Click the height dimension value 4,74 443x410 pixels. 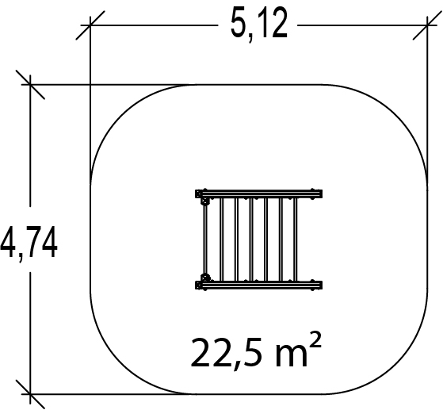tap(29, 243)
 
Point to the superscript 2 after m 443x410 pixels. tap(315, 339)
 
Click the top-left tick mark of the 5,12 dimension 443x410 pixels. tap(90, 25)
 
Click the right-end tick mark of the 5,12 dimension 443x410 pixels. tap(427, 25)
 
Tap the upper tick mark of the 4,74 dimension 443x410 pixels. tap(30, 84)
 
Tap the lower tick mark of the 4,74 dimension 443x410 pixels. tap(30, 393)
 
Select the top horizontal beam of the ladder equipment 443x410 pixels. tap(259, 194)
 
